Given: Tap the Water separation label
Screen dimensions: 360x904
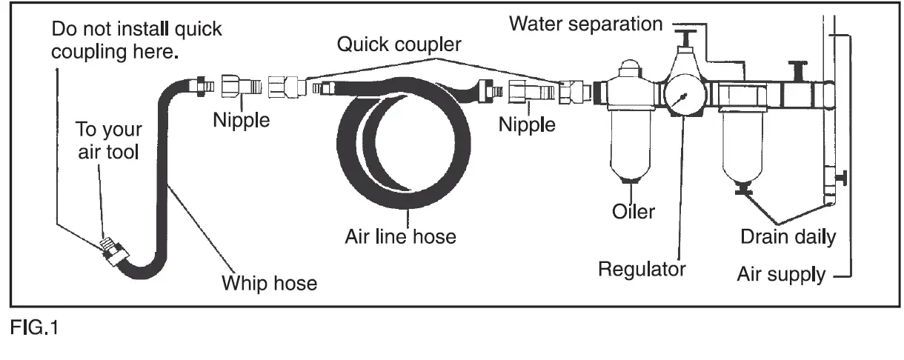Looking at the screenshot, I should tap(585, 24).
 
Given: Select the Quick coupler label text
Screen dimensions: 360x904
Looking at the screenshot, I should tap(399, 44).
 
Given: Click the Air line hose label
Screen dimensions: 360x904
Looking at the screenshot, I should tap(400, 237).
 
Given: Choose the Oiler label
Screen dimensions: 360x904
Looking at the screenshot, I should tap(634, 211).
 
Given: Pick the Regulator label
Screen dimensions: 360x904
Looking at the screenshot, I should tap(642, 268).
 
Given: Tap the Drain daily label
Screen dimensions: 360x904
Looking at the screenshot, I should tap(788, 237).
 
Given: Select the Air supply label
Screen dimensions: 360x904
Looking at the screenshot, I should tap(780, 275).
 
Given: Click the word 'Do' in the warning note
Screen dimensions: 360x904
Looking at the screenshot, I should tap(64, 30).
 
